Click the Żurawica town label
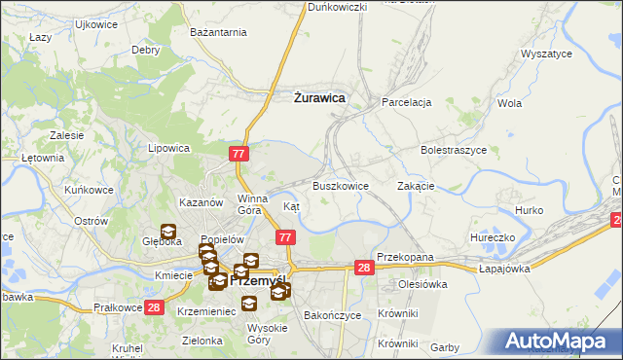coord(319,96)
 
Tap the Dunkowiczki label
coord(337,7)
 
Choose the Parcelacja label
coord(407,101)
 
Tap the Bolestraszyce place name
coord(454,151)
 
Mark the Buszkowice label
coord(341,185)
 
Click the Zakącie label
coord(416,185)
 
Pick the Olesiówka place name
coord(421,284)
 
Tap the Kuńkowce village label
coord(88,191)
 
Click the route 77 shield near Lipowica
coord(240,155)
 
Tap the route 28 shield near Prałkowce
coord(154,307)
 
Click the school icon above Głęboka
coord(167,233)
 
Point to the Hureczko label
coord(491,236)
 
